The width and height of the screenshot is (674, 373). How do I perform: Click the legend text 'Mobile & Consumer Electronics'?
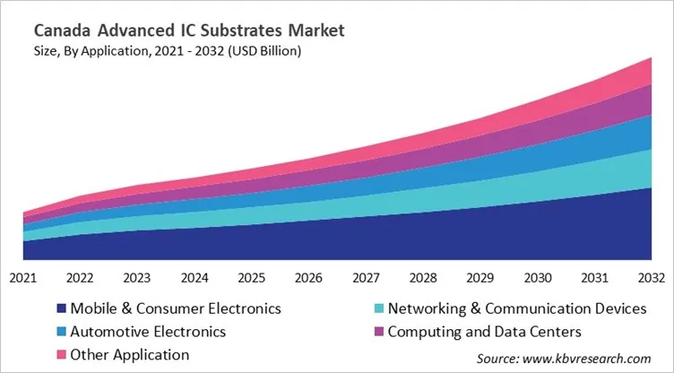tap(176, 308)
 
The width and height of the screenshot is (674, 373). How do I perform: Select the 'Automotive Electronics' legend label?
tap(148, 332)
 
